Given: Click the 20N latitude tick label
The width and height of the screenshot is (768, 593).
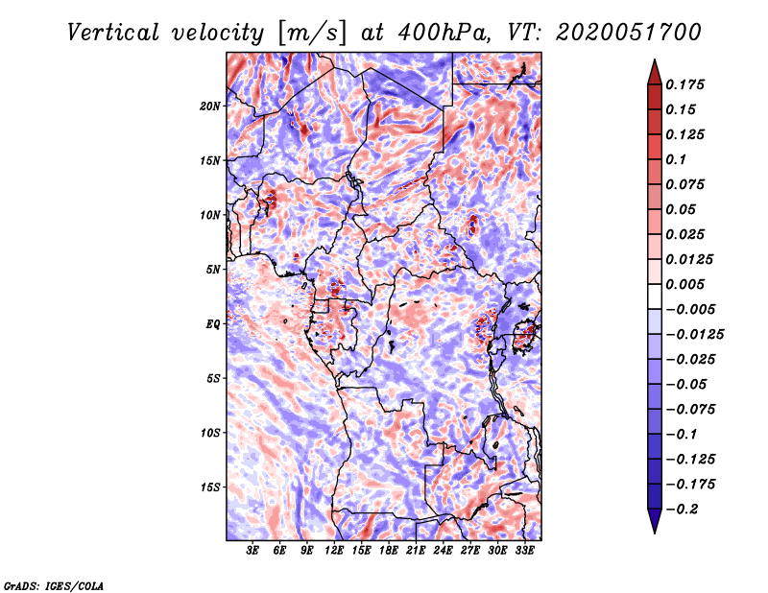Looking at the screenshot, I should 210,106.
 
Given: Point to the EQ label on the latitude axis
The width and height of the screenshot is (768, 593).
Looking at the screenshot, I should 213,324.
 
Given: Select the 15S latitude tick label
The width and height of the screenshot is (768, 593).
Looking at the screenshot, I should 210,487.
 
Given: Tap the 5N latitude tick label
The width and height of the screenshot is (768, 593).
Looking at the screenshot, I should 213,270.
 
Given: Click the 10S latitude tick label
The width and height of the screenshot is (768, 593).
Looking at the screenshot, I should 210,433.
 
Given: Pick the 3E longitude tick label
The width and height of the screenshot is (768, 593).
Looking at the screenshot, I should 253,551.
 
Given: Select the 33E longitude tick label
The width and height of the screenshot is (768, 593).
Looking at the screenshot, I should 525,551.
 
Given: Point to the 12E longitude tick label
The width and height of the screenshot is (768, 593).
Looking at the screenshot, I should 335,551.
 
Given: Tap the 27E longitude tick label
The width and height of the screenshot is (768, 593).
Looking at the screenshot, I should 470,551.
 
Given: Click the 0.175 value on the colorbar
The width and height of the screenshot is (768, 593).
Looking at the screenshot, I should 685,84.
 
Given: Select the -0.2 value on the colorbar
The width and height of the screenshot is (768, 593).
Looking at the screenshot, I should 684,509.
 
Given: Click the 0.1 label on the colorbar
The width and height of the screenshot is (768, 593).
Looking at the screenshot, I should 677,159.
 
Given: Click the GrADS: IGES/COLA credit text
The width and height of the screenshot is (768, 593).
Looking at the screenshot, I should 53,584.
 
